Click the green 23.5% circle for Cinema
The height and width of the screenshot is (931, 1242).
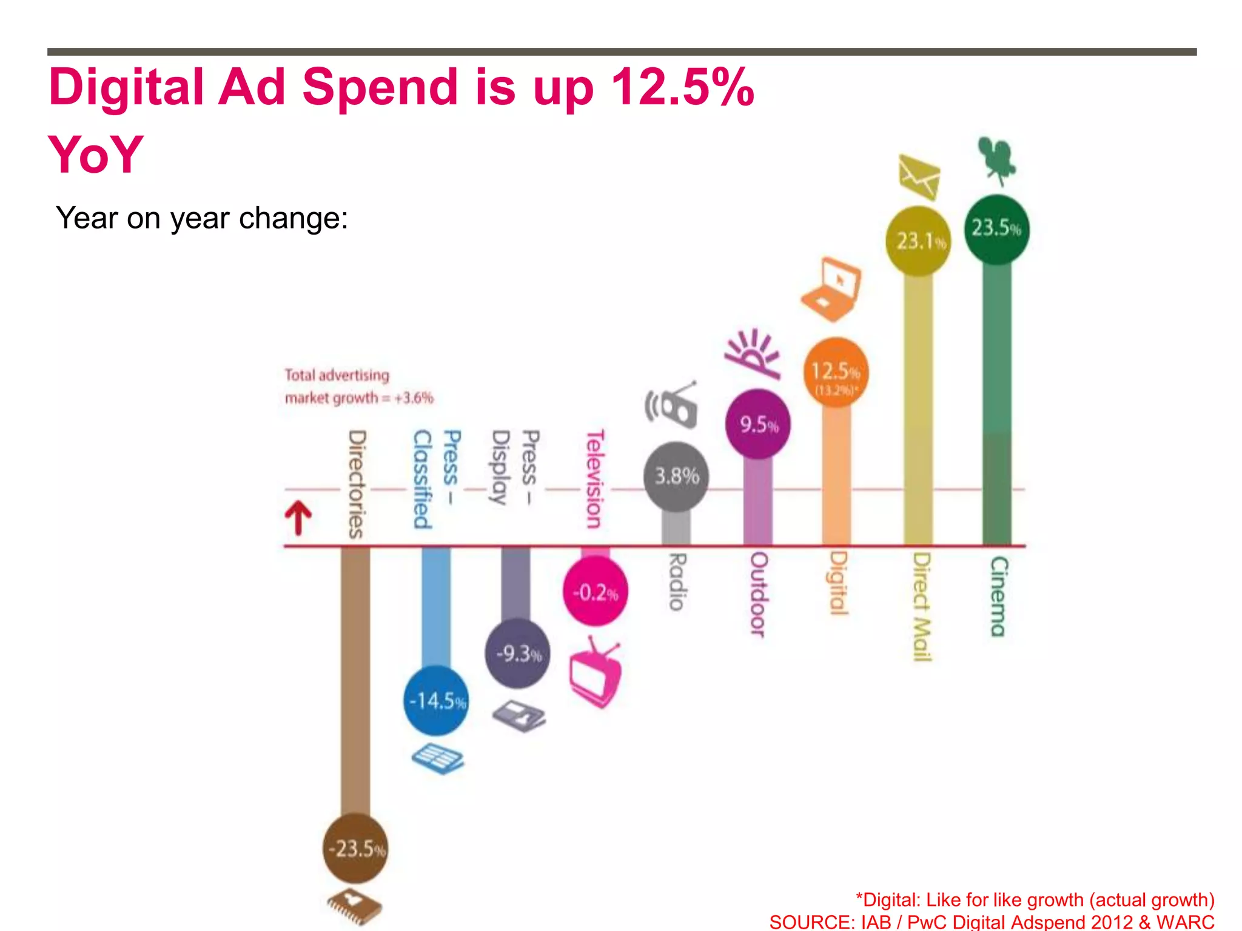pyautogui.click(x=996, y=229)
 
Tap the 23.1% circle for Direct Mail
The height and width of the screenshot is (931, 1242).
pyautogui.click(x=918, y=241)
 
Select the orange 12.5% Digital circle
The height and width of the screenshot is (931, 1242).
pyautogui.click(x=836, y=372)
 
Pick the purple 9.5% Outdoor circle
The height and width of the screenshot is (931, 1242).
pyautogui.click(x=757, y=424)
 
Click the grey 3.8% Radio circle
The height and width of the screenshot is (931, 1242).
pyautogui.click(x=676, y=476)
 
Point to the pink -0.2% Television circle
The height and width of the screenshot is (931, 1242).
pyautogui.click(x=596, y=592)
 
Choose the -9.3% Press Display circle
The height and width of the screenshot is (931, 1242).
pyautogui.click(x=517, y=653)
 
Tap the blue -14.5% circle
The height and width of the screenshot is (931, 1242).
pyautogui.click(x=436, y=701)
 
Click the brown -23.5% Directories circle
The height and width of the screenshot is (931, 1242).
pyautogui.click(x=355, y=848)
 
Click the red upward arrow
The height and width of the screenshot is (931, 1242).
pyautogui.click(x=298, y=517)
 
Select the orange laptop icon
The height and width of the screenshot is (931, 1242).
pyautogui.click(x=831, y=290)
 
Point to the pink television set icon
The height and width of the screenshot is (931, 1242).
pyautogui.click(x=596, y=672)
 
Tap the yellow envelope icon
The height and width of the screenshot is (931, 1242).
pyautogui.click(x=919, y=176)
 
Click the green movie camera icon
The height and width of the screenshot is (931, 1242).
pyautogui.click(x=996, y=160)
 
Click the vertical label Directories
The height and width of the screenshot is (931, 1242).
pyautogui.click(x=357, y=484)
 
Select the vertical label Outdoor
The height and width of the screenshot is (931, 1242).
pyautogui.click(x=758, y=594)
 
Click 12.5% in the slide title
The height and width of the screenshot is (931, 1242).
pyautogui.click(x=682, y=87)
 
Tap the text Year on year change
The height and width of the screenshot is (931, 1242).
pyautogui.click(x=202, y=218)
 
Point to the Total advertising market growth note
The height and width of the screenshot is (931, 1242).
pyautogui.click(x=359, y=387)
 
